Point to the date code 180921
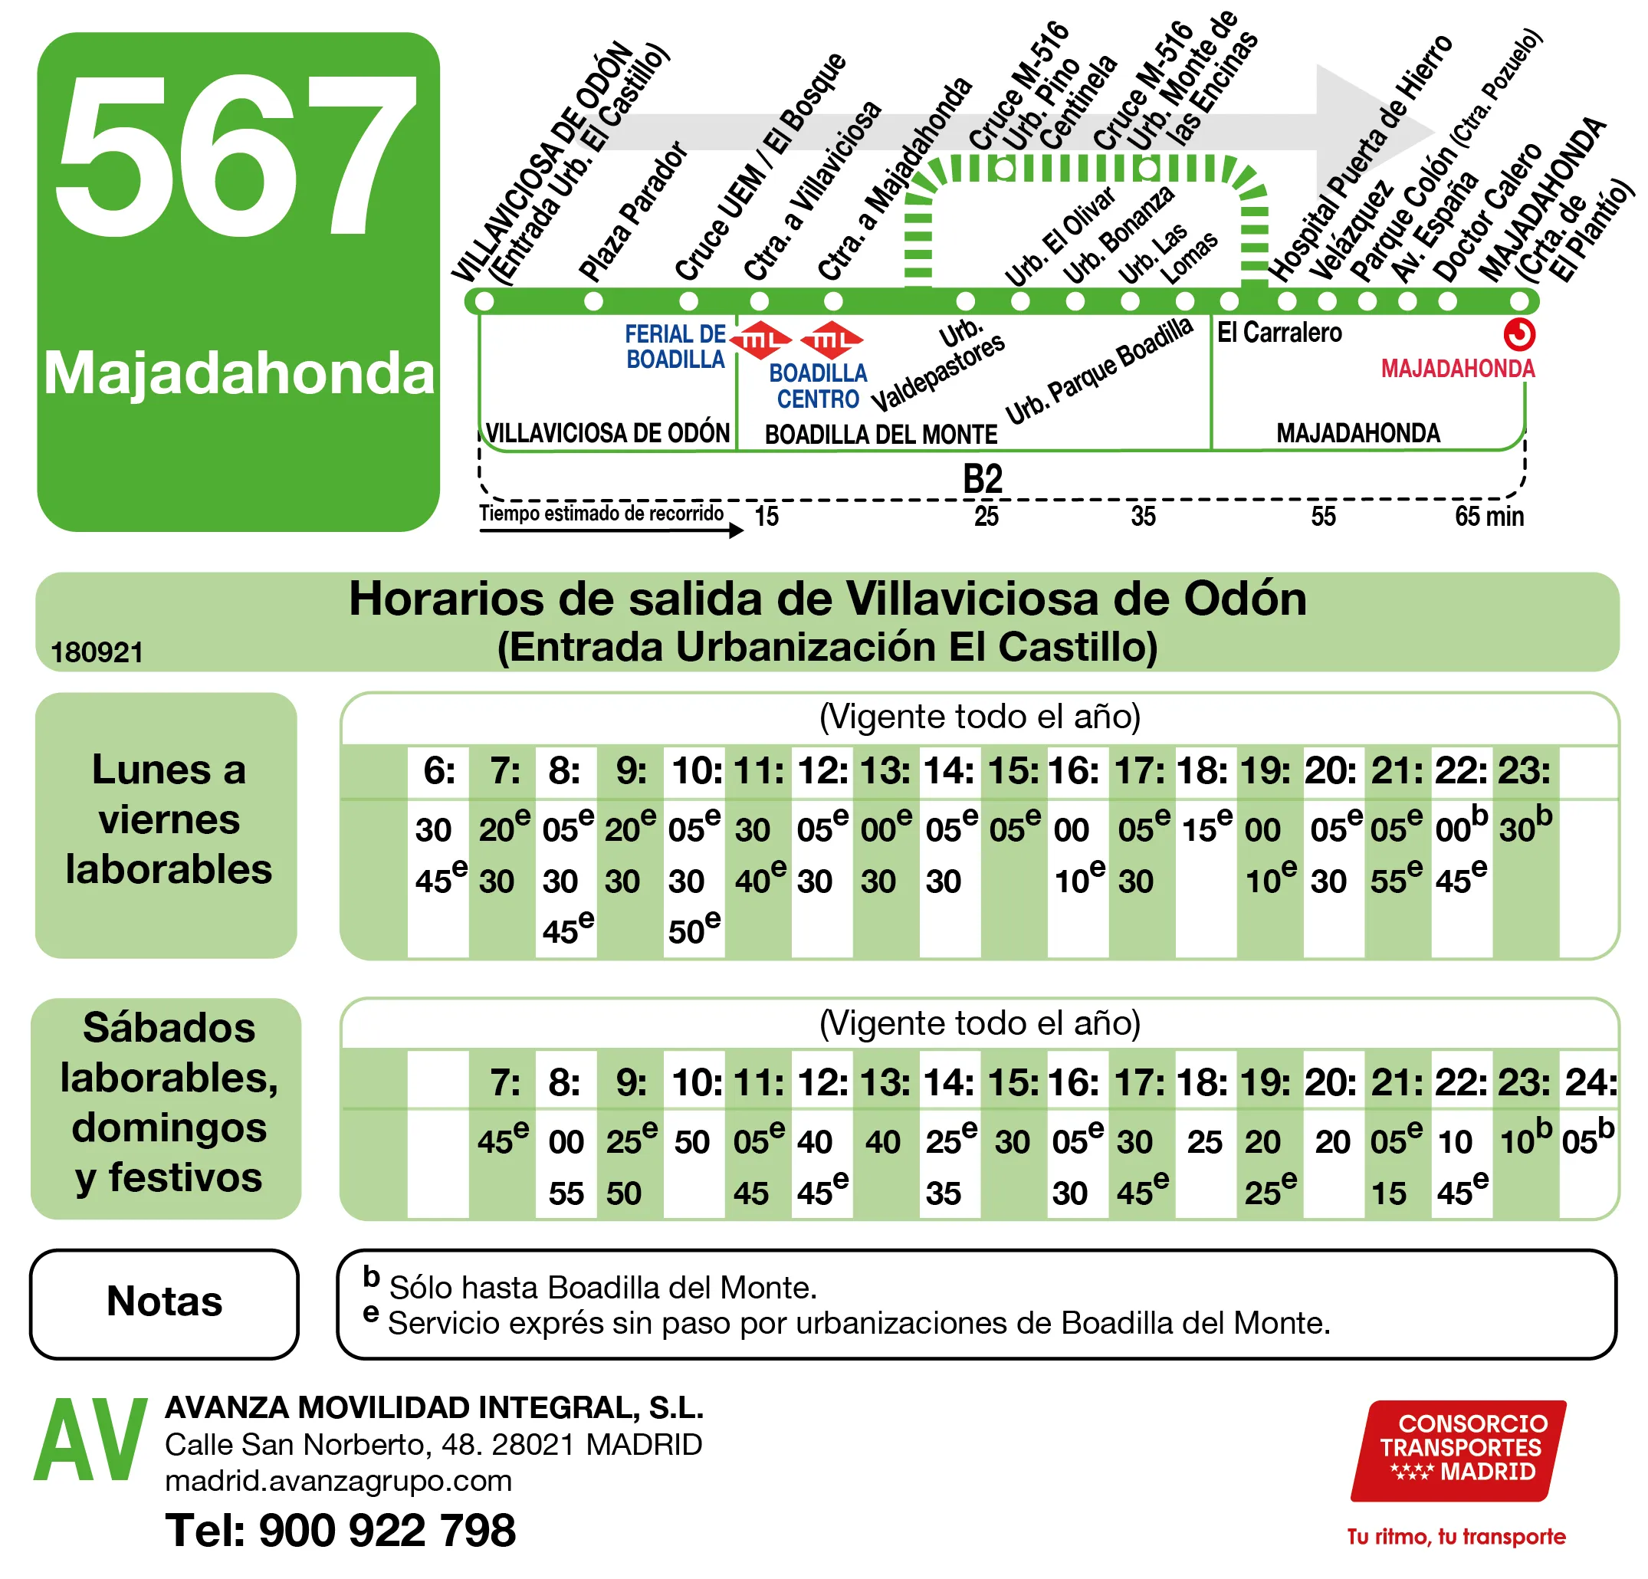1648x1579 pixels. [x=97, y=652]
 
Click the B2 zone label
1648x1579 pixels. [x=982, y=479]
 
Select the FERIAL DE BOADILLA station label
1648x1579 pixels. [x=675, y=346]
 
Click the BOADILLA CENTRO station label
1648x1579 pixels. [x=818, y=385]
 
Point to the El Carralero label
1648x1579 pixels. [x=1279, y=333]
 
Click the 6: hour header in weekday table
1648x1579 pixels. [x=439, y=770]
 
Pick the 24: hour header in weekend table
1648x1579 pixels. [x=1590, y=1082]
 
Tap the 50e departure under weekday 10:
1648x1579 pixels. [x=694, y=930]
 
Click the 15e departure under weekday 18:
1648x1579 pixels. [x=1206, y=828]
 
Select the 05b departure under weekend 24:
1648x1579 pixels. [x=1587, y=1140]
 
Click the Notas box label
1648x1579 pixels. [x=165, y=1302]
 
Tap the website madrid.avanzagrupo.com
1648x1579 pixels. [x=338, y=1481]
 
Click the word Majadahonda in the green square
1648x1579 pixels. [x=239, y=373]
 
